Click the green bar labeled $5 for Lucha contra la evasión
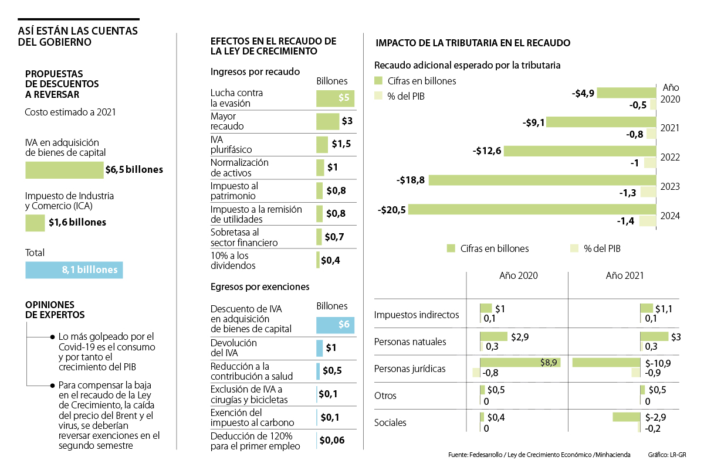(335, 98)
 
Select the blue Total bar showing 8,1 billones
(74, 270)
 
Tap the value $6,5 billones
(134, 170)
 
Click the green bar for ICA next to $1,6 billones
(35, 223)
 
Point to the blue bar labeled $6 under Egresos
(335, 325)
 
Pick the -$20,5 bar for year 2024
(532, 209)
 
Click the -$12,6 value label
(487, 151)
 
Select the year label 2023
(670, 187)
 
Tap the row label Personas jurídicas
(410, 369)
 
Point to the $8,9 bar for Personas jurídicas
(520, 363)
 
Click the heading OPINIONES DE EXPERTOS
(55, 309)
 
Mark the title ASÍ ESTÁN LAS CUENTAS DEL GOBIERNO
(78, 36)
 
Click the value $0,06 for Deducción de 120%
(331, 441)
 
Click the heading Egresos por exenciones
(260, 287)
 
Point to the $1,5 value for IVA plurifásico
(341, 144)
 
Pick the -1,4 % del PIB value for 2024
(627, 221)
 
